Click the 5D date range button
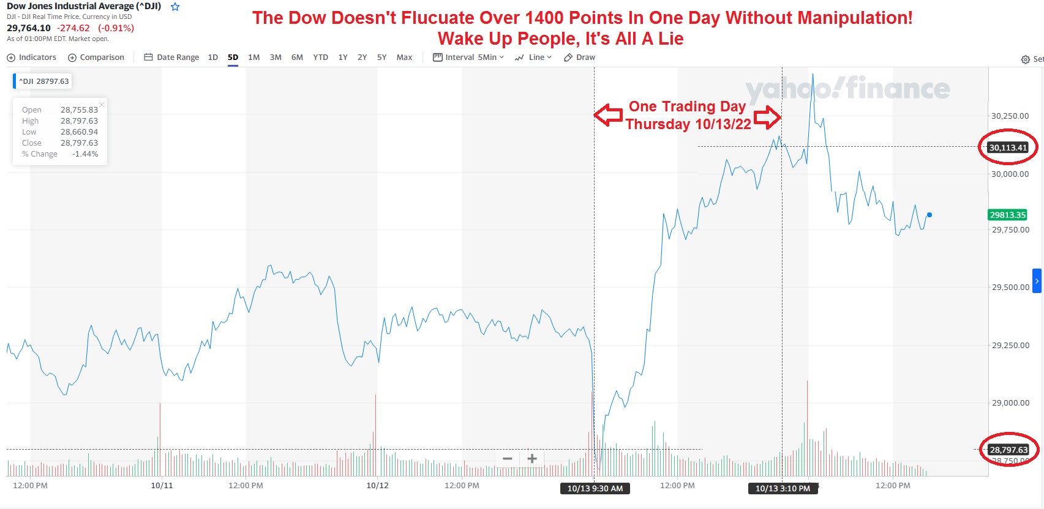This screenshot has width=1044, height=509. point(233,58)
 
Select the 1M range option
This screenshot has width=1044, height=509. point(253,58)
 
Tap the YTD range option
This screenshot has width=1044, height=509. point(320,58)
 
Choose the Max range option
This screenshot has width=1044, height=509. point(404,58)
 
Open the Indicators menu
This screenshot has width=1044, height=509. point(31,58)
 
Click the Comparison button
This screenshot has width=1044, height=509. point(96,58)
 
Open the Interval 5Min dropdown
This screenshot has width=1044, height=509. point(468,58)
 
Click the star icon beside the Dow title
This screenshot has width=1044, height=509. point(175,7)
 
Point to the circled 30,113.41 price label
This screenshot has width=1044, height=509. point(1008,147)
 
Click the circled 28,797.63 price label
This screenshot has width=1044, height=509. point(1008,450)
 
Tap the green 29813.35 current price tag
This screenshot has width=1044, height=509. point(1007,215)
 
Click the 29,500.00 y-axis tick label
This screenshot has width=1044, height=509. point(1010,287)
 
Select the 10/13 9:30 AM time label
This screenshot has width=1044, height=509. point(595,488)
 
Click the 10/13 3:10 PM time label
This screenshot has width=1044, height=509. point(783,488)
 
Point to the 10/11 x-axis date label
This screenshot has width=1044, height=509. point(162,486)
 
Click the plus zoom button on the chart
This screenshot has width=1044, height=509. point(532,459)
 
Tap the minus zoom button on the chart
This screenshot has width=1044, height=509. point(507,459)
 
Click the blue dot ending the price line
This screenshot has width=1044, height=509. point(929,215)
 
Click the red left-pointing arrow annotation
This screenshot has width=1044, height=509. point(608,115)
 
